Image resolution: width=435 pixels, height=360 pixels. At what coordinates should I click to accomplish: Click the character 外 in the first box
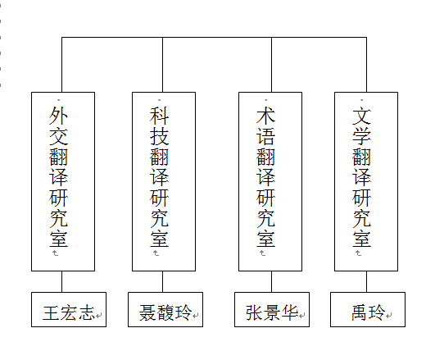(59, 114)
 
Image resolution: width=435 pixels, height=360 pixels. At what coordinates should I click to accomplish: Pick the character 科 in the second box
(159, 114)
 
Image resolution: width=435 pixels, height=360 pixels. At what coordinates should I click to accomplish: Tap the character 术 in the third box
(265, 114)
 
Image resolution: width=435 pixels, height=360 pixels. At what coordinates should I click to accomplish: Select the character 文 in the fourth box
(362, 114)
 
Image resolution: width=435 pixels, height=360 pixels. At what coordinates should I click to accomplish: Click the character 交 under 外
(59, 134)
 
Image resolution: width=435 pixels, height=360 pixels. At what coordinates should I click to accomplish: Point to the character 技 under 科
(159, 134)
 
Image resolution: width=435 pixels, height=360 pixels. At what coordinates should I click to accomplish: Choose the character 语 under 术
(265, 134)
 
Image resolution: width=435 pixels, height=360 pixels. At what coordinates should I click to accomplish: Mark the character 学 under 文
(362, 134)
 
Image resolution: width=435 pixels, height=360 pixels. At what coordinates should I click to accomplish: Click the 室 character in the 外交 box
(59, 239)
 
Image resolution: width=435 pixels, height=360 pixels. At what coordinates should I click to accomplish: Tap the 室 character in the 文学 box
(362, 239)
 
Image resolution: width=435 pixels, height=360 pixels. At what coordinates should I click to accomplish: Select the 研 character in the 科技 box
(159, 198)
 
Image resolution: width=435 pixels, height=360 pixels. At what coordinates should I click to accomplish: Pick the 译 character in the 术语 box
(265, 176)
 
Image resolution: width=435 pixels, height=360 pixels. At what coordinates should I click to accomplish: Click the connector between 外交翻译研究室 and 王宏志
(62, 281)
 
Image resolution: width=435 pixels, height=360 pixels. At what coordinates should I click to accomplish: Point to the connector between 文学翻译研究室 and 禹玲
(366, 281)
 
